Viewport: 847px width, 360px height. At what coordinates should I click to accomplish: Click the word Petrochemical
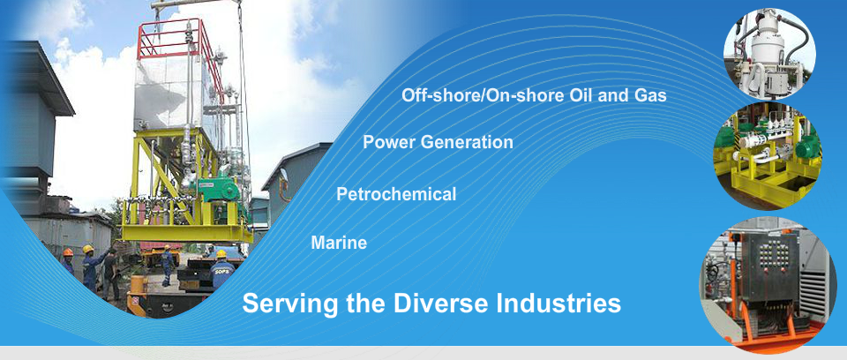(396, 194)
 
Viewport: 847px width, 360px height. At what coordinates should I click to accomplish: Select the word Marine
(339, 243)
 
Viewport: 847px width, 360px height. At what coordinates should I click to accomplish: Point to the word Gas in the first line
(650, 95)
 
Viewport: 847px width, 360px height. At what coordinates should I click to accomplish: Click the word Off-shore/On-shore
(483, 95)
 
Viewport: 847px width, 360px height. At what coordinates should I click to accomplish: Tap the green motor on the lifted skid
(217, 191)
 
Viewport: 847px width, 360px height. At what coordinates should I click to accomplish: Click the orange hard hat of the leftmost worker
(68, 251)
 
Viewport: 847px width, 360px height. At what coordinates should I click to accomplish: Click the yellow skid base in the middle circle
(767, 184)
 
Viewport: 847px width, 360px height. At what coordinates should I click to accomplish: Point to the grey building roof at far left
(38, 76)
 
